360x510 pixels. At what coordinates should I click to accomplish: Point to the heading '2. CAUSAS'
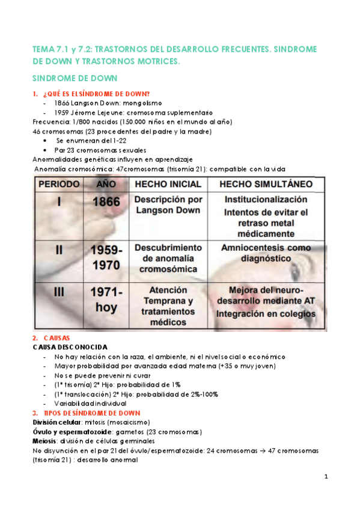[55, 339]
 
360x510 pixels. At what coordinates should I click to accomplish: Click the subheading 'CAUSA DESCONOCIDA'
[70, 347]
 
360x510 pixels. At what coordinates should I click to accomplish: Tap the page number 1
[325, 477]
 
